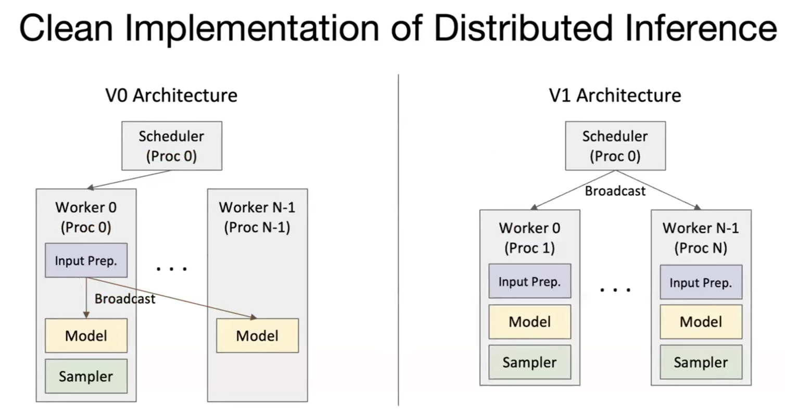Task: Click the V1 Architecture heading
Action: coord(615,96)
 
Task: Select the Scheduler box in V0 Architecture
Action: coord(172,145)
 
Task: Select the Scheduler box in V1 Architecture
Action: coord(615,145)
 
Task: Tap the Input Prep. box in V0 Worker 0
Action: coord(86,260)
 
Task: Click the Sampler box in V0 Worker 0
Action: coord(86,376)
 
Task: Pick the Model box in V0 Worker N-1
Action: coord(257,335)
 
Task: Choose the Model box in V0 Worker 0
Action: coord(86,335)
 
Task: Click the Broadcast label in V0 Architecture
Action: coord(125,299)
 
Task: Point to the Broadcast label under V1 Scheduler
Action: coord(615,191)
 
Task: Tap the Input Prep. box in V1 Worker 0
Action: coord(529,282)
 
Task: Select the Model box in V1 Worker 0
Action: coord(529,321)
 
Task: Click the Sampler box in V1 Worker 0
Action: coord(529,362)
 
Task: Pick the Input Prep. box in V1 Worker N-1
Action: coord(701,282)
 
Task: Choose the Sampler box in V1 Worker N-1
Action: coord(701,362)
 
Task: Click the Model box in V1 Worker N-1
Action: coord(701,321)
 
